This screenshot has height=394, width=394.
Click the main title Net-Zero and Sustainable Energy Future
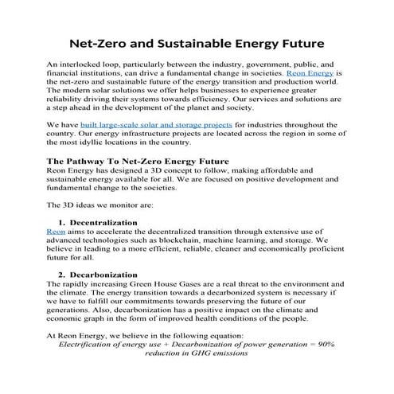click(x=197, y=39)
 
